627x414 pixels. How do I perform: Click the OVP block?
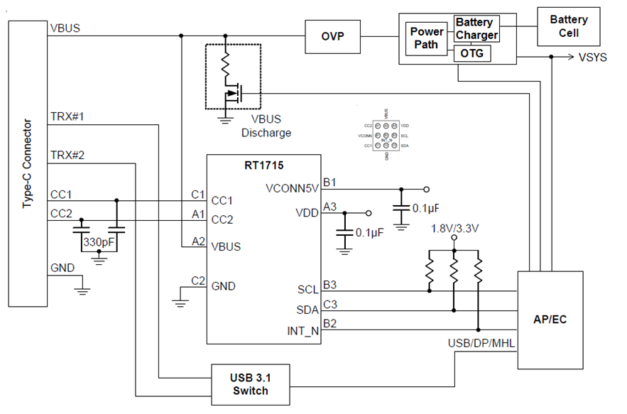tap(332, 37)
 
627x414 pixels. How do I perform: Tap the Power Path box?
tap(427, 38)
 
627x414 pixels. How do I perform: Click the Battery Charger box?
tap(476, 29)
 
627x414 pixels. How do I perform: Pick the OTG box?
tap(471, 53)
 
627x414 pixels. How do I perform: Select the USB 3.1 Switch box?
tap(251, 384)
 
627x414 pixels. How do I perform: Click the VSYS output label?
tap(593, 58)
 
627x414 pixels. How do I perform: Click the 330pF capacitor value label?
tap(99, 243)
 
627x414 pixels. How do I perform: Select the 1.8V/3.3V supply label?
tap(454, 228)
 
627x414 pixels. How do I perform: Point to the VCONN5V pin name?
tap(293, 189)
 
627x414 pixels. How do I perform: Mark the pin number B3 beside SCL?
tap(329, 285)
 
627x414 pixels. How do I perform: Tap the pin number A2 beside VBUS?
tap(198, 241)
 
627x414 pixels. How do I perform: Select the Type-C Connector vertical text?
tap(27, 164)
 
